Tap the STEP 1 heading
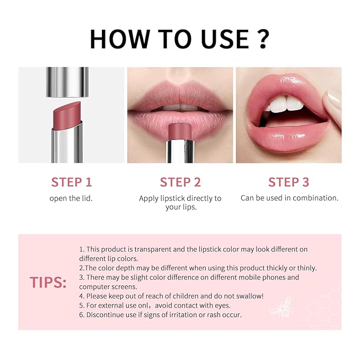coord(72,182)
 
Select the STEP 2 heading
coord(180,182)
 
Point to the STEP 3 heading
coord(288,182)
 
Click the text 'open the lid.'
coord(72,198)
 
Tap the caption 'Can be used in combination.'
coord(289,198)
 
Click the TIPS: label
coord(48,283)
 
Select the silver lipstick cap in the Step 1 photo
coord(67,82)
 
